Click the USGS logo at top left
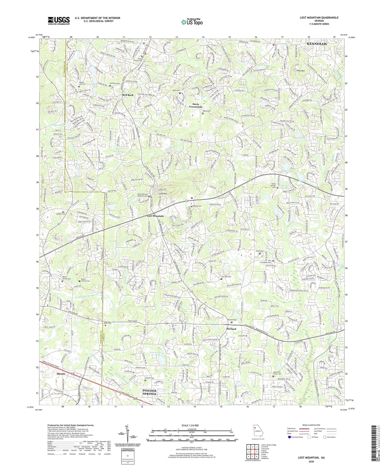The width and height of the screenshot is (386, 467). point(59,21)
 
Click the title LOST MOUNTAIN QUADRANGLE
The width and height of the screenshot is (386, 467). point(319,18)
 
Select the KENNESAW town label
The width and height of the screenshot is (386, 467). point(317,44)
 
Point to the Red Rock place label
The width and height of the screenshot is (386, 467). point(128,95)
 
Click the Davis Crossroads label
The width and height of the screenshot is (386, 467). point(196,105)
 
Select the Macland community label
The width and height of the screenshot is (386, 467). point(231,329)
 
